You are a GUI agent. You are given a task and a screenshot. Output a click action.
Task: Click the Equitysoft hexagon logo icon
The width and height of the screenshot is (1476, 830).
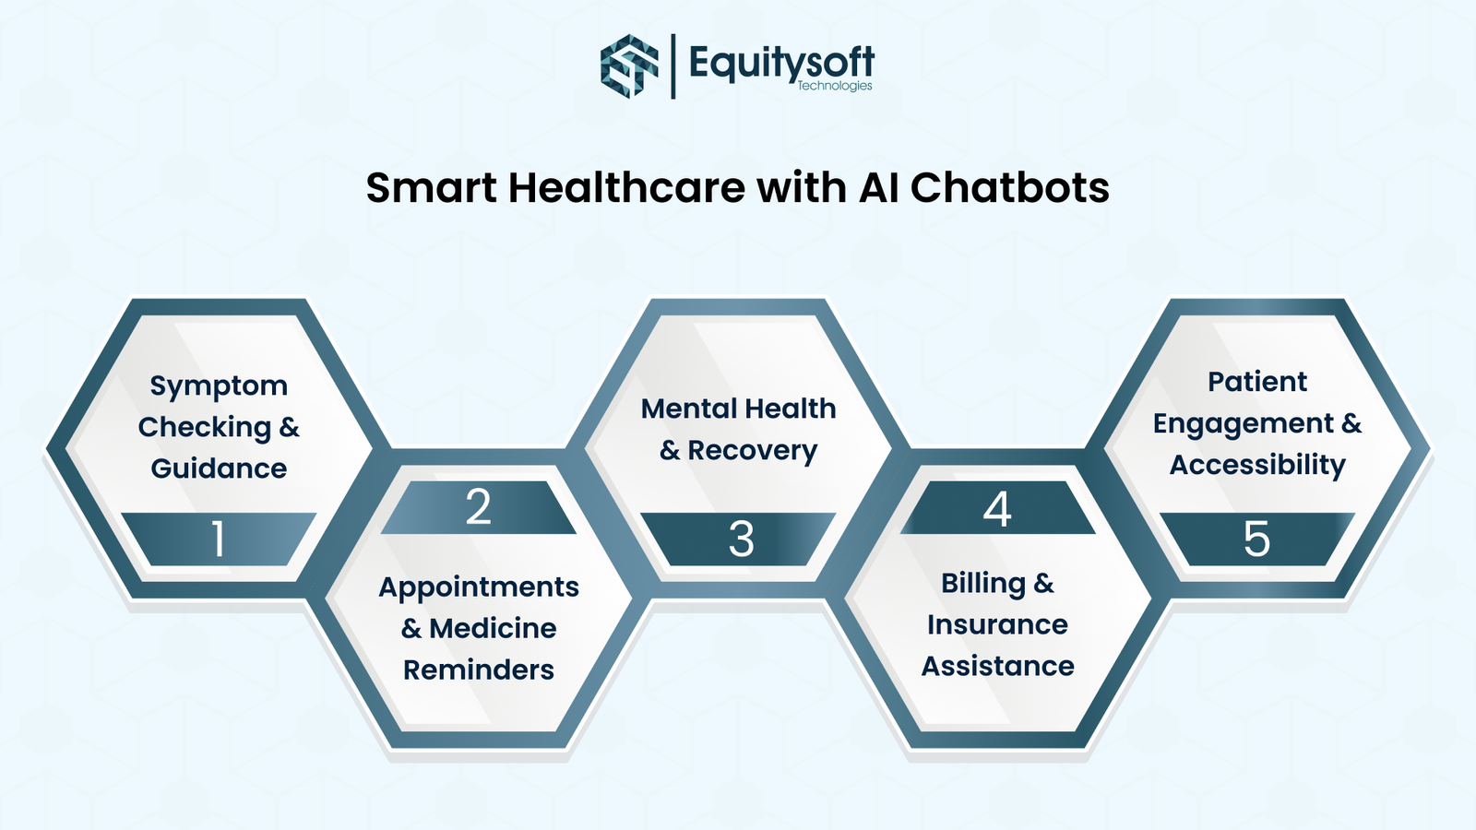(x=630, y=65)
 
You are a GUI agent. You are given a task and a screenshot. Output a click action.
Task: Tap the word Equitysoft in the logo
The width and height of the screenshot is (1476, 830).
(x=780, y=63)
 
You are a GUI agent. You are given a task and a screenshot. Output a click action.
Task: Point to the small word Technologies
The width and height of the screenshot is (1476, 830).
(x=834, y=86)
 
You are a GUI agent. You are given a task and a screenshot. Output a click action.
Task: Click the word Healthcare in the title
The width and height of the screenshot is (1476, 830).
(x=625, y=188)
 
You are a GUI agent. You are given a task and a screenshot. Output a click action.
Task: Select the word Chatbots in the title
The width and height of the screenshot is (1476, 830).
(x=1009, y=188)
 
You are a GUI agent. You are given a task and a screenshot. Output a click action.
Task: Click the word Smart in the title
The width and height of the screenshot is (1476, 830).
(x=431, y=188)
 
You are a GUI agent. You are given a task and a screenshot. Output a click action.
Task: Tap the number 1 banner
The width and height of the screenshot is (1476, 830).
(x=219, y=539)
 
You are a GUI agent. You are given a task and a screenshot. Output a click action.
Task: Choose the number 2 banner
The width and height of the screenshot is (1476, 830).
(x=478, y=507)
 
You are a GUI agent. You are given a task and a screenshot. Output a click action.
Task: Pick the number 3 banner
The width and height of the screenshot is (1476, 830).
(x=740, y=539)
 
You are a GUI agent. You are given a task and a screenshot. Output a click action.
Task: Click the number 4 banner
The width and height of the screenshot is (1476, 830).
(x=997, y=509)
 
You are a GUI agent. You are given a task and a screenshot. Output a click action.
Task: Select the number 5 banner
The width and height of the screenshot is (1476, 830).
(x=1256, y=539)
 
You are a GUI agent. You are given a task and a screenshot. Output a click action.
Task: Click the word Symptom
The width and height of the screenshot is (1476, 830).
(x=219, y=386)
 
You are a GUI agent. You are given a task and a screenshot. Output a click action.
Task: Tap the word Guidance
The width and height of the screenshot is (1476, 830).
(x=219, y=468)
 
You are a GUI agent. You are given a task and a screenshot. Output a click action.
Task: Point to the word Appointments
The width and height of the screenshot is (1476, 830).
(x=479, y=587)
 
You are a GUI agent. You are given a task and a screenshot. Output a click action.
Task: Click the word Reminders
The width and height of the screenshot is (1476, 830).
(x=479, y=670)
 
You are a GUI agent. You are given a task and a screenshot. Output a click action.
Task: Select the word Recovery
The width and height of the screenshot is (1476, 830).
(x=752, y=451)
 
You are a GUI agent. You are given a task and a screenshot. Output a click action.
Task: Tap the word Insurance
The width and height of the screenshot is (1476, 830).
(x=997, y=624)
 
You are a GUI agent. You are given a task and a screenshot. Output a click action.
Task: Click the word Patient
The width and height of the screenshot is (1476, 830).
(x=1257, y=382)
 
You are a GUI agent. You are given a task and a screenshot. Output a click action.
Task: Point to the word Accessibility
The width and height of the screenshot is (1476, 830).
(x=1257, y=465)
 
